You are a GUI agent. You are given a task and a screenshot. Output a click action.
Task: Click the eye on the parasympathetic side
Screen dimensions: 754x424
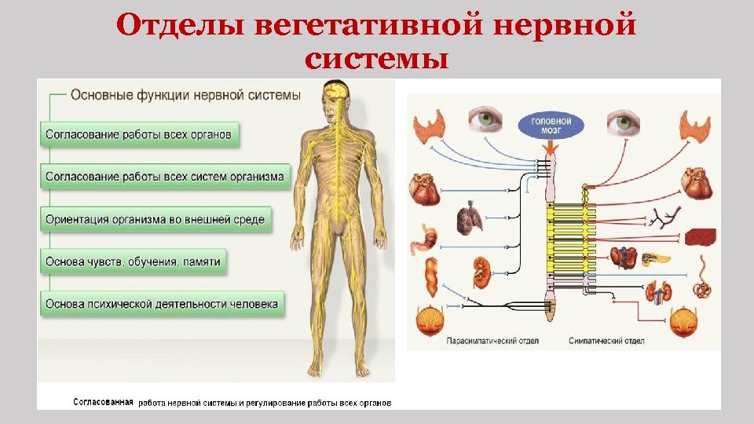[x=486, y=120]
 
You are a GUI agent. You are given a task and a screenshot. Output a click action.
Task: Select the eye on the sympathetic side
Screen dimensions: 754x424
[x=623, y=122]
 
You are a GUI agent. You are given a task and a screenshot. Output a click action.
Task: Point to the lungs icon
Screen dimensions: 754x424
[x=470, y=221]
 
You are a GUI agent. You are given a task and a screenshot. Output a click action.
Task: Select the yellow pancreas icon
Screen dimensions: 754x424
[x=656, y=257]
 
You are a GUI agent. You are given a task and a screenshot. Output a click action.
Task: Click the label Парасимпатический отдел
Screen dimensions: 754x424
[x=481, y=342]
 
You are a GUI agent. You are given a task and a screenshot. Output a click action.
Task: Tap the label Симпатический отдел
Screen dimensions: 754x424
[x=606, y=342]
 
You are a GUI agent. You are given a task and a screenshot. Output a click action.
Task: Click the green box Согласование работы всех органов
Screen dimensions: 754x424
[x=138, y=133]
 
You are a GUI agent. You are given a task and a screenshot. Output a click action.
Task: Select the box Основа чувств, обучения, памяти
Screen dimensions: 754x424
[x=133, y=261]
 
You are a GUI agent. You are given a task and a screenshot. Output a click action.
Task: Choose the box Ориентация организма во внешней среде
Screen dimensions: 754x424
[x=155, y=219]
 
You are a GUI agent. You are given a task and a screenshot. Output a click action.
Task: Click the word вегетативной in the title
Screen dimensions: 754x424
[x=374, y=26]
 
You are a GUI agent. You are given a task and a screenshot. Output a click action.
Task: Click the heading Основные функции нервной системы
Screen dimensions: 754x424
[x=185, y=95]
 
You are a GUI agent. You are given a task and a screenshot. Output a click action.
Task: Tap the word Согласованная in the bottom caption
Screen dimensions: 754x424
[x=104, y=402]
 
